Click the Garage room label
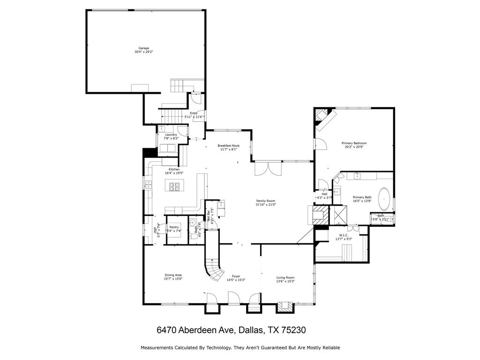[143, 48]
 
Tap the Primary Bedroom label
[354, 143]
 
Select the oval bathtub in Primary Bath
[385, 199]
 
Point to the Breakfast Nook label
[228, 146]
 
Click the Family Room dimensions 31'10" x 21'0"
[266, 204]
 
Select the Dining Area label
[173, 275]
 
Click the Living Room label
[285, 277]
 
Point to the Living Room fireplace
[284, 307]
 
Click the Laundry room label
[171, 135]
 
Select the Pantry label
[174, 227]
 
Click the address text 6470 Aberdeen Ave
[196, 330]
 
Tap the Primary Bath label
[362, 197]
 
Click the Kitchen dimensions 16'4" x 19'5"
[174, 173]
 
